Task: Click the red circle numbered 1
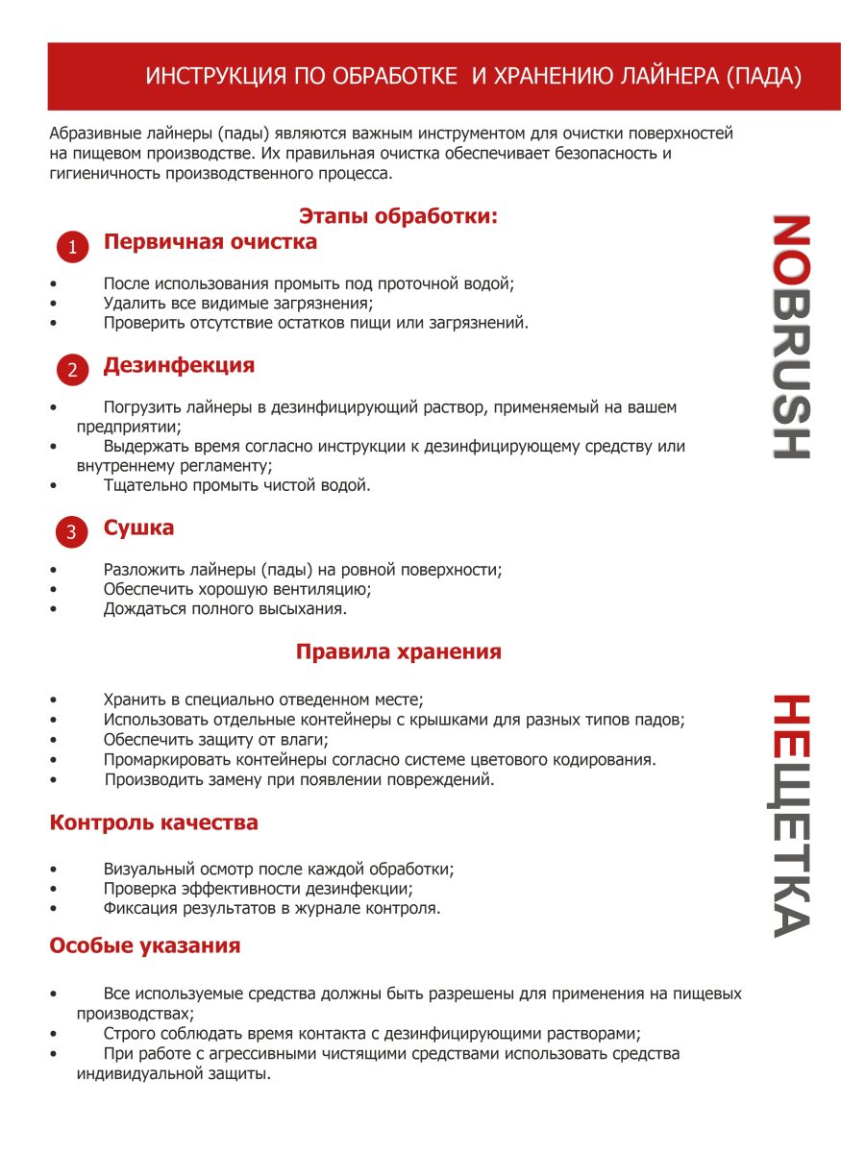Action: pyautogui.click(x=72, y=247)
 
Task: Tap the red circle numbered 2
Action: pyautogui.click(x=72, y=370)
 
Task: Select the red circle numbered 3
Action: pyautogui.click(x=72, y=532)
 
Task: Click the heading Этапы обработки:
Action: pyautogui.click(x=398, y=216)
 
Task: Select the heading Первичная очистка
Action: pyautogui.click(x=210, y=242)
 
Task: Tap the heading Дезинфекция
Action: pyautogui.click(x=179, y=365)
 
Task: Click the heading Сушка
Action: pyautogui.click(x=138, y=527)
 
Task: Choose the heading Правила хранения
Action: pyautogui.click(x=398, y=651)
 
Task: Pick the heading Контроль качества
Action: pyautogui.click(x=154, y=822)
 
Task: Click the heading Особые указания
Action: pyautogui.click(x=144, y=945)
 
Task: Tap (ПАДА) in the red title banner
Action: pyautogui.click(x=765, y=77)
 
